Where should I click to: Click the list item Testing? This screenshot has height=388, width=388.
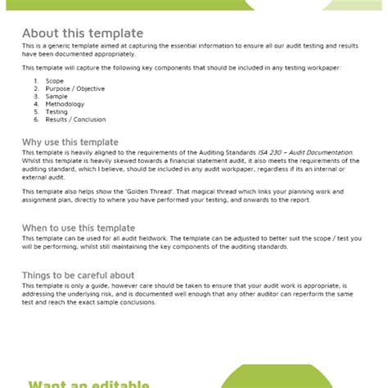[x=57, y=112]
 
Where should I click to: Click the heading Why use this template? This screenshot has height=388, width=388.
[x=70, y=142]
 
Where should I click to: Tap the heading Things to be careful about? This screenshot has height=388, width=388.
[x=79, y=276]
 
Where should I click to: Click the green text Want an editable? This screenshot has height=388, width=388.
[x=88, y=382]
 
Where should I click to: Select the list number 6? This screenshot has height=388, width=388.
[x=36, y=120]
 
